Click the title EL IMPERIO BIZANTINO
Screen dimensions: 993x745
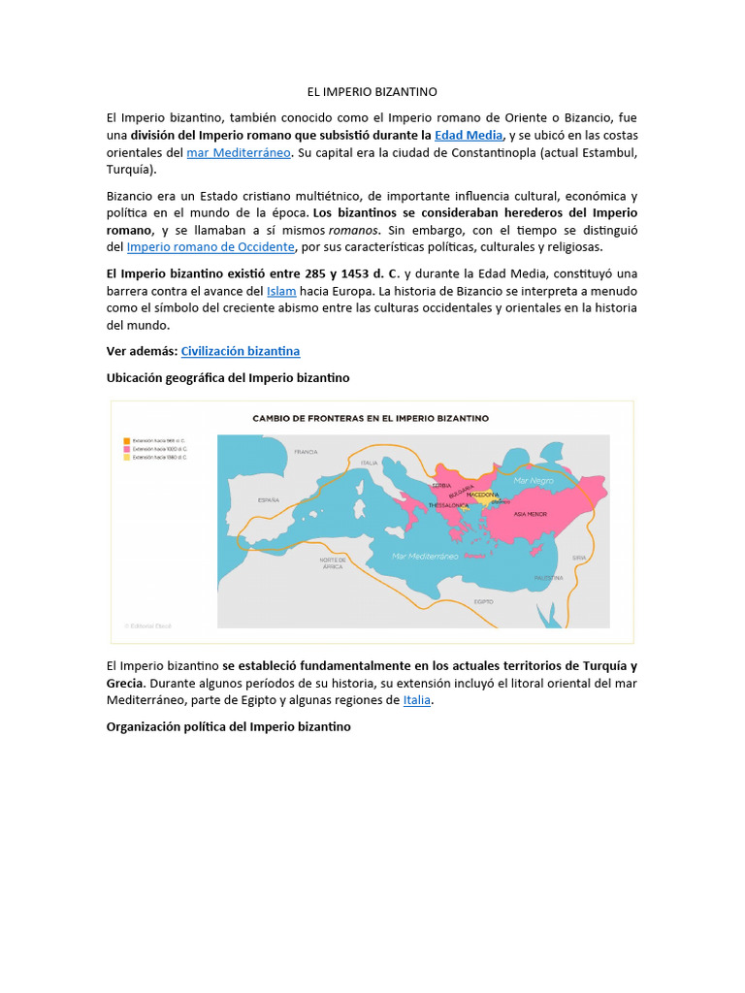(x=372, y=92)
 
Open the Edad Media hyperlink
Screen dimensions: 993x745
(x=469, y=135)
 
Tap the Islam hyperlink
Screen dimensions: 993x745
(x=281, y=290)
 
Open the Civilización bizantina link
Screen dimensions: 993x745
(x=241, y=351)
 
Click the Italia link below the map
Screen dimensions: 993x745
(x=417, y=699)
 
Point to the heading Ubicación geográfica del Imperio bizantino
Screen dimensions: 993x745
(x=228, y=376)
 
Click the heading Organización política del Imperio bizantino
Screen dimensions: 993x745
(x=228, y=725)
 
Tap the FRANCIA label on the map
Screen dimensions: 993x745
(x=307, y=452)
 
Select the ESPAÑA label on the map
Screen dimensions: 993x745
(x=269, y=500)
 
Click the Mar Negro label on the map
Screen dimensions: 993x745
(x=533, y=480)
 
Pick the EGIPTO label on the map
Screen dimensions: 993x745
(x=483, y=601)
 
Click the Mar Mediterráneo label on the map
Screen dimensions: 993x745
(x=425, y=556)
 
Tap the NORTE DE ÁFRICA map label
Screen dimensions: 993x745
(x=333, y=563)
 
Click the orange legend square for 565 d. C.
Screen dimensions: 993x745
(x=126, y=440)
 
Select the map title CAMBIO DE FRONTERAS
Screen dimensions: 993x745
(x=371, y=418)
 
